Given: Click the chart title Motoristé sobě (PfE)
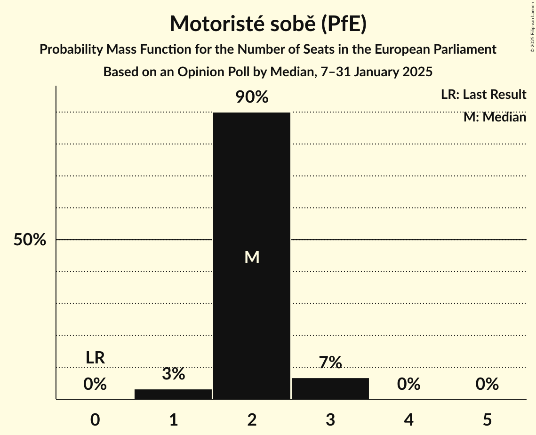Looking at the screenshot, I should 268,24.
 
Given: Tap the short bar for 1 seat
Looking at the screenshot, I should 173,394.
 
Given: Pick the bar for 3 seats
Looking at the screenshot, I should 330,388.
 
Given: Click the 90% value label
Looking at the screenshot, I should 252,97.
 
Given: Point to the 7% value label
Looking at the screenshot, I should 330,362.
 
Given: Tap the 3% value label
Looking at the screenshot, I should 173,374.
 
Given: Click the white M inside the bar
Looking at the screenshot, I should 252,257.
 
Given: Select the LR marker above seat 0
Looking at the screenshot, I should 95,358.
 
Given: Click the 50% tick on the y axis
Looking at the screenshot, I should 30,240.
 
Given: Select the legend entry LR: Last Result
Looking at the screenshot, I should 483,95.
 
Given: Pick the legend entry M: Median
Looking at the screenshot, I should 495,117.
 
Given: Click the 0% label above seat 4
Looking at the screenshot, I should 408,384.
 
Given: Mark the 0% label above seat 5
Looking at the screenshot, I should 487,384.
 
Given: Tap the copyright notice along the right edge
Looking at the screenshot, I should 532,26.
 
